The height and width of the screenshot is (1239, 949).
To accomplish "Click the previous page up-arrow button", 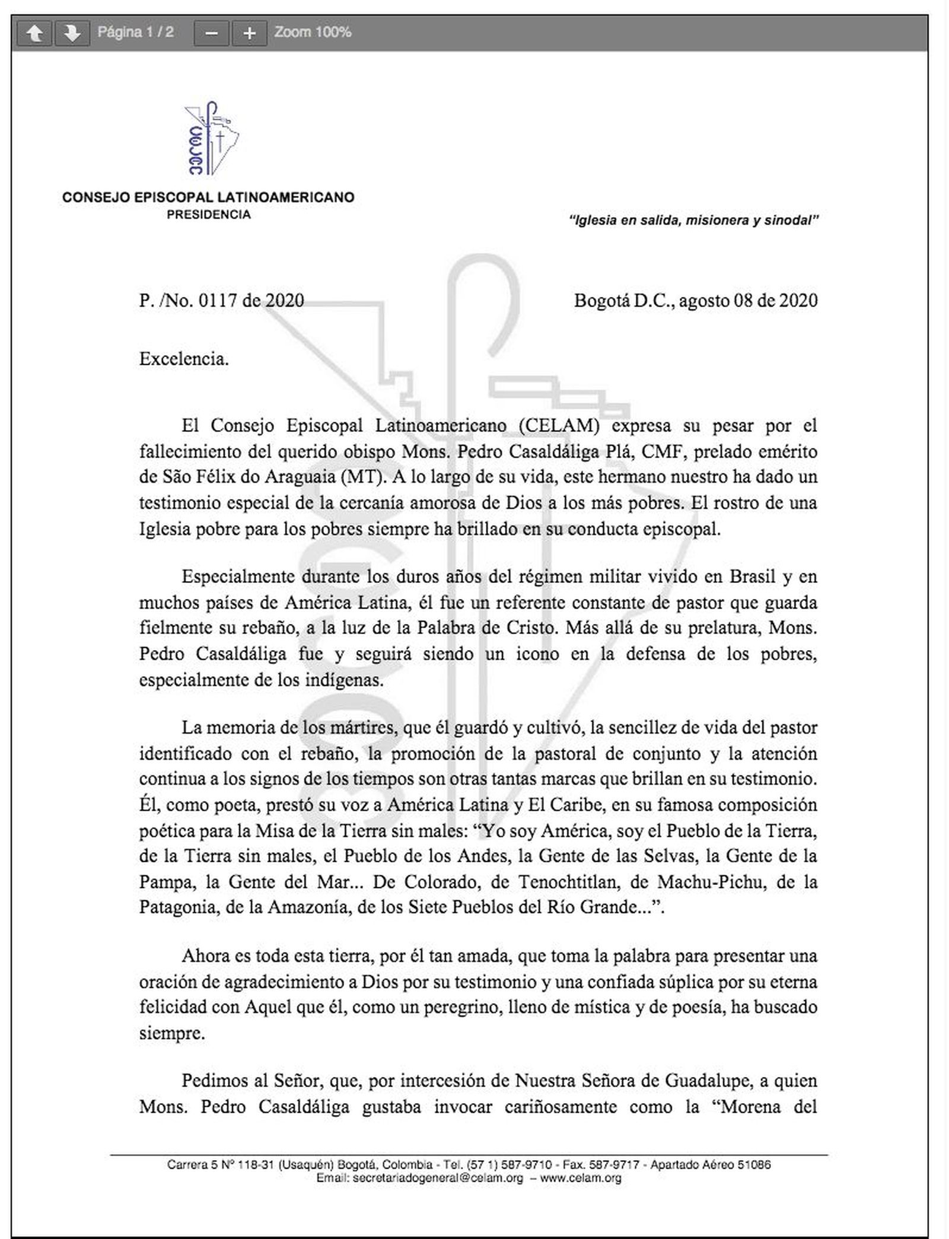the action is (35, 33).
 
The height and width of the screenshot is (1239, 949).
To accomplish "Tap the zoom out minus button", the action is (211, 33).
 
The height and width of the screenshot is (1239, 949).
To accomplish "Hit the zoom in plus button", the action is (249, 33).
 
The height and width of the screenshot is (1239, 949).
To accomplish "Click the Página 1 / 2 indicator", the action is (135, 32).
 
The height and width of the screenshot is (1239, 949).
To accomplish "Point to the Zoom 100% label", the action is (313, 32).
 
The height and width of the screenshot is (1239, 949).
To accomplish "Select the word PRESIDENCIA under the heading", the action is (209, 215).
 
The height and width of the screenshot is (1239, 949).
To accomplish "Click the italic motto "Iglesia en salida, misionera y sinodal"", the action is (693, 221).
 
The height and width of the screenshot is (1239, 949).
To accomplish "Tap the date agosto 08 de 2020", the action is (748, 300).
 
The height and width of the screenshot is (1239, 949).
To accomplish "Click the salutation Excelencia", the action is (184, 359).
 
